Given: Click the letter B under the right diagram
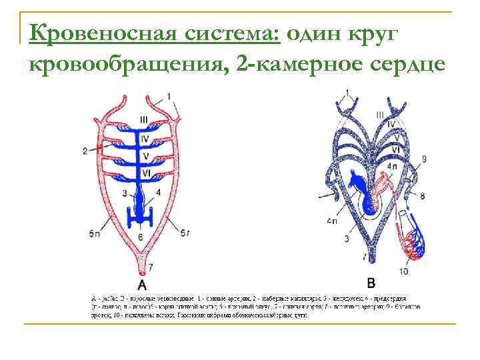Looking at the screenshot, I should pos(371,280).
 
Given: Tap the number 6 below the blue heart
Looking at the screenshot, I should pos(140,237).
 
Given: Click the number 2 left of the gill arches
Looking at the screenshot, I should pos(85,151).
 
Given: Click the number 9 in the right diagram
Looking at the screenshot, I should pos(424,159).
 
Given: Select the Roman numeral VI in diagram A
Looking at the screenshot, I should pos(145,173).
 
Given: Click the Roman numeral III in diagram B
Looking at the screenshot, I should pos(379,114).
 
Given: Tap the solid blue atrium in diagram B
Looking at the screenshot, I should pos(360,187).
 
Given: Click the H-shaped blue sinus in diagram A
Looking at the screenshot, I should pos(142,216).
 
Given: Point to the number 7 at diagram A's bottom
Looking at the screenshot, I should pos(151,267).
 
